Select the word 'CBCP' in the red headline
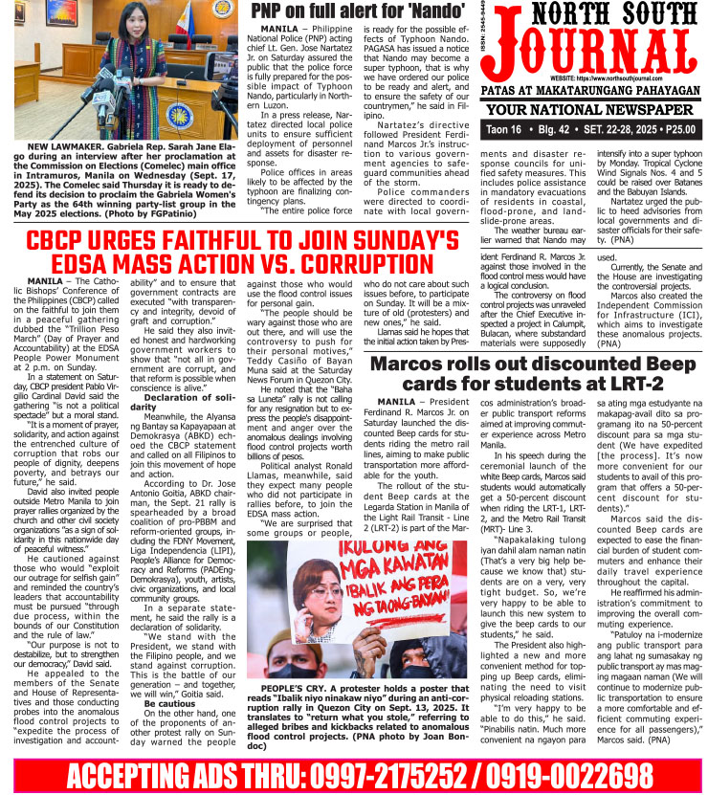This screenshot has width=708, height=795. (62, 242)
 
